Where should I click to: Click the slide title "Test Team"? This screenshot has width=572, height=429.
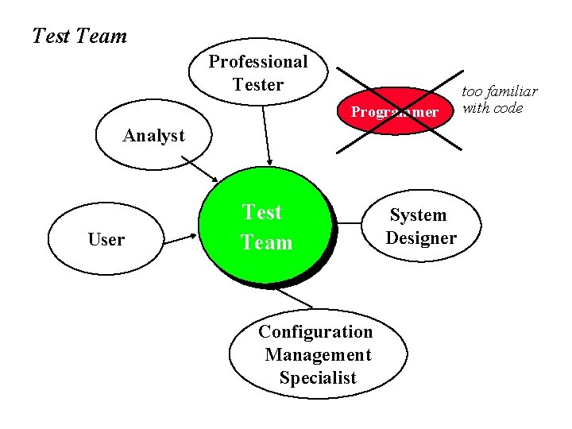pyautogui.click(x=79, y=36)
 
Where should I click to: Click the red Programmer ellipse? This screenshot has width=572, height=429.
pyautogui.click(x=395, y=111)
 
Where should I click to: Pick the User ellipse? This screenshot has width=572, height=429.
pyautogui.click(x=106, y=239)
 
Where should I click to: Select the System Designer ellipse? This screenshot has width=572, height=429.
pyautogui.click(x=421, y=226)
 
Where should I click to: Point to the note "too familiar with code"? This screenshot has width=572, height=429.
pyautogui.click(x=500, y=100)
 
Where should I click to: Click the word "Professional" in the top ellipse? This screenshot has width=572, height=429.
pyautogui.click(x=258, y=62)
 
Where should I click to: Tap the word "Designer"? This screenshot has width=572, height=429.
pyautogui.click(x=421, y=238)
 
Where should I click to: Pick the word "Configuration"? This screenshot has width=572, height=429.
pyautogui.click(x=315, y=331)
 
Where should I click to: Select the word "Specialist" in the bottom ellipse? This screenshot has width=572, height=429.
pyautogui.click(x=318, y=378)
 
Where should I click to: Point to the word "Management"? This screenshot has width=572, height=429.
pyautogui.click(x=318, y=354)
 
